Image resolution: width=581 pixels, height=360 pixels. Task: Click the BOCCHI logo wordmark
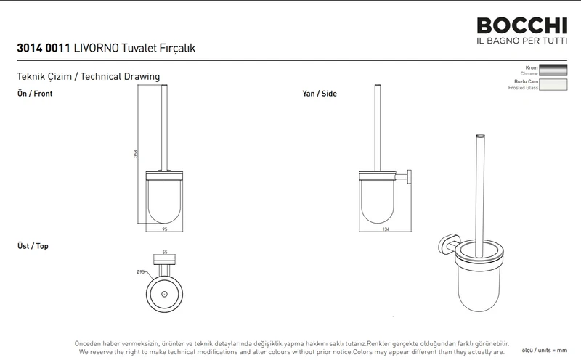point(521,26)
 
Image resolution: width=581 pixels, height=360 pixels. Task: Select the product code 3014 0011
point(44,48)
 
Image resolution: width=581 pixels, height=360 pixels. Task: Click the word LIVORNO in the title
point(97,48)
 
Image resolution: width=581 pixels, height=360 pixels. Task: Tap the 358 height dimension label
point(136,153)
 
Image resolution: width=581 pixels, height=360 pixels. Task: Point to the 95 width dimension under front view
point(165,229)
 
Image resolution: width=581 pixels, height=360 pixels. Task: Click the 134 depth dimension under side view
point(386,229)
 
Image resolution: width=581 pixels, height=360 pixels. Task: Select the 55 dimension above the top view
point(165,253)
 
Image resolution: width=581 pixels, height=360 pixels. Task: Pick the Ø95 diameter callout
point(140,272)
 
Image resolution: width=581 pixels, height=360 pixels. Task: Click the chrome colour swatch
point(553,70)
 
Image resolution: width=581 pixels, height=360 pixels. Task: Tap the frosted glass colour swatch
point(553,84)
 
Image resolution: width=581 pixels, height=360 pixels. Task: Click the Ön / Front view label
point(35,94)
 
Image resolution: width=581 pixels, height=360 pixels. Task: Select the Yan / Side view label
point(320,94)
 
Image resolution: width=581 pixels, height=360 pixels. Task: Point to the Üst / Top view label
point(33,246)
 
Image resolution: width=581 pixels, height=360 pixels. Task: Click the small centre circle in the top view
point(165,295)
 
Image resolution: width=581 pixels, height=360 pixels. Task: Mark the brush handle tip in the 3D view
point(481,136)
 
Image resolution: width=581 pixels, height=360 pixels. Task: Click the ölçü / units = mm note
point(544,350)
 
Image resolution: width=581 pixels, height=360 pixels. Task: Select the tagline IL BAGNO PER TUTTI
point(521,41)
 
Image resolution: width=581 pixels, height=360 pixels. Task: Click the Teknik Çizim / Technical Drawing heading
point(88,77)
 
